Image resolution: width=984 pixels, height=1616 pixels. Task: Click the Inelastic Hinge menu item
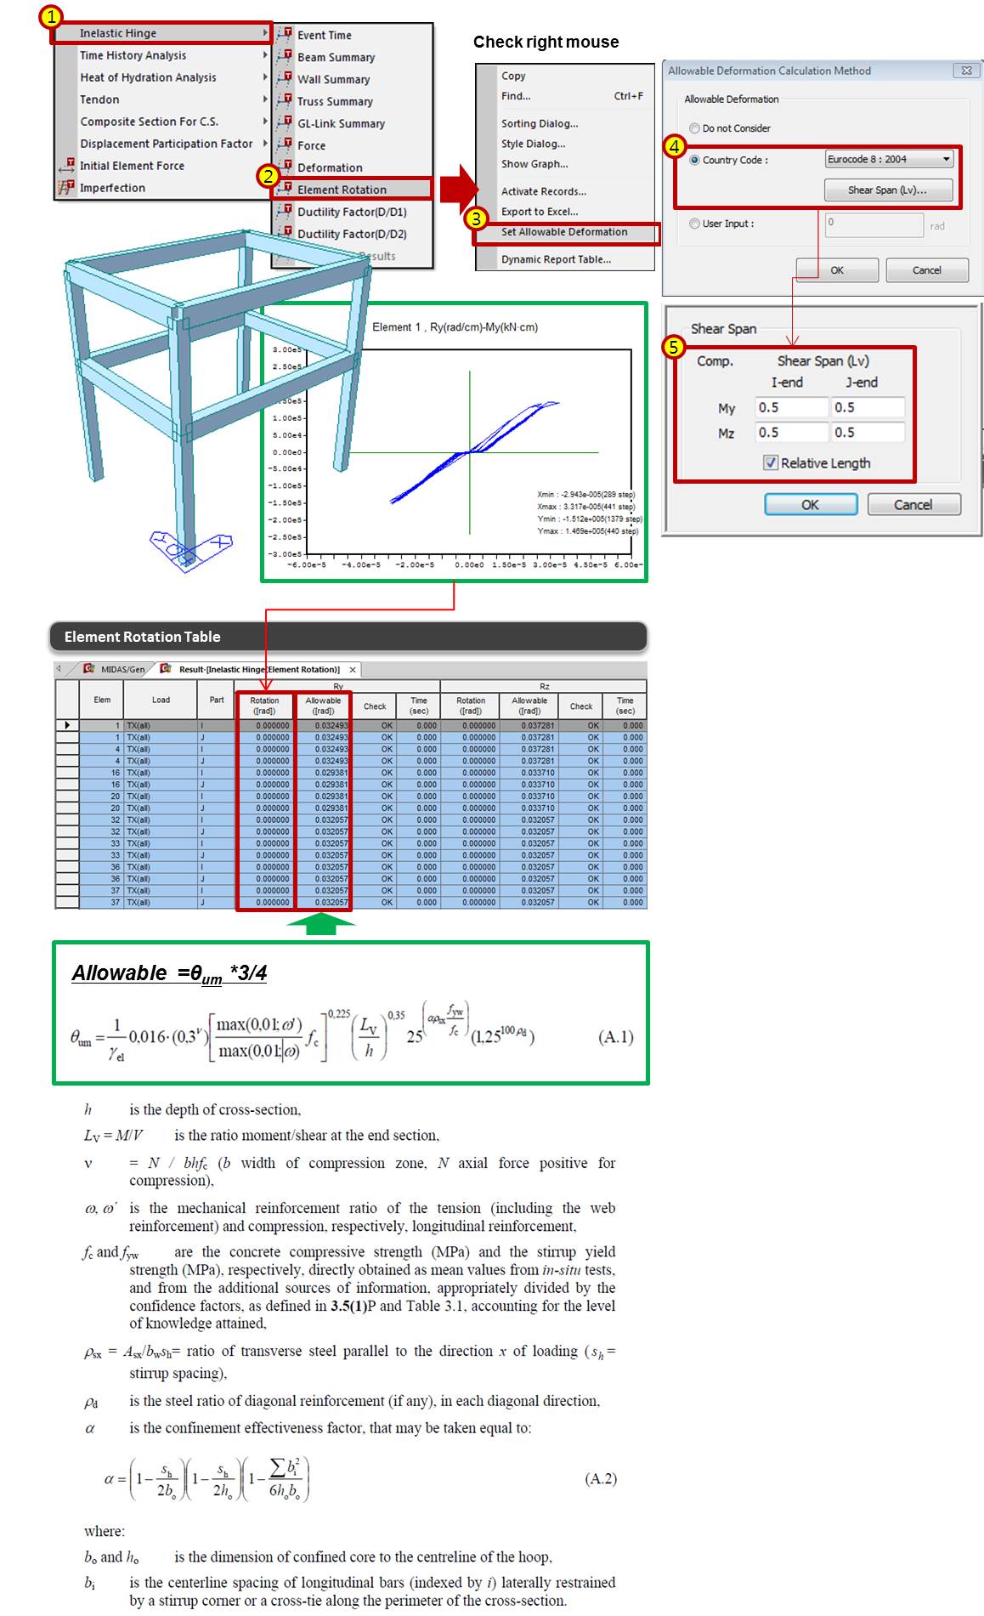tap(118, 33)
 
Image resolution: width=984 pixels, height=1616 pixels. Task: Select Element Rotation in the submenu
tap(342, 190)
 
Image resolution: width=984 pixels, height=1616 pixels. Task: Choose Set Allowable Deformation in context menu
tap(564, 232)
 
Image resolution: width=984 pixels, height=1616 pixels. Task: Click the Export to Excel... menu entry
tap(540, 212)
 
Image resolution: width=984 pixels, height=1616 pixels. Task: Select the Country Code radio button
tap(695, 160)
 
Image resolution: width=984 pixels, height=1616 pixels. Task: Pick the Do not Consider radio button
tap(695, 128)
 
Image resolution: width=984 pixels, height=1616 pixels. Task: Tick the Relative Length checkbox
tap(771, 463)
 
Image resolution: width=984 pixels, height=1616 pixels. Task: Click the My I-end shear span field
tap(791, 408)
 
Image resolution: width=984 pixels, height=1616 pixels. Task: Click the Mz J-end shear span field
tap(868, 433)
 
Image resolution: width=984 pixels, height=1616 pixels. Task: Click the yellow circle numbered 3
tap(476, 218)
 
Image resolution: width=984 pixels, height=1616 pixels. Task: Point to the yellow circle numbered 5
tap(674, 347)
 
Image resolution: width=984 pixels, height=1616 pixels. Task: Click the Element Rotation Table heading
tap(143, 637)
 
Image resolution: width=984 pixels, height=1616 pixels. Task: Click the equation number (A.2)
tap(601, 1478)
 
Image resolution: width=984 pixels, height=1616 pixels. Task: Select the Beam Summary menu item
tap(336, 57)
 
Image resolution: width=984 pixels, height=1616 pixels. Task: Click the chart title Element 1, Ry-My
tap(455, 327)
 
